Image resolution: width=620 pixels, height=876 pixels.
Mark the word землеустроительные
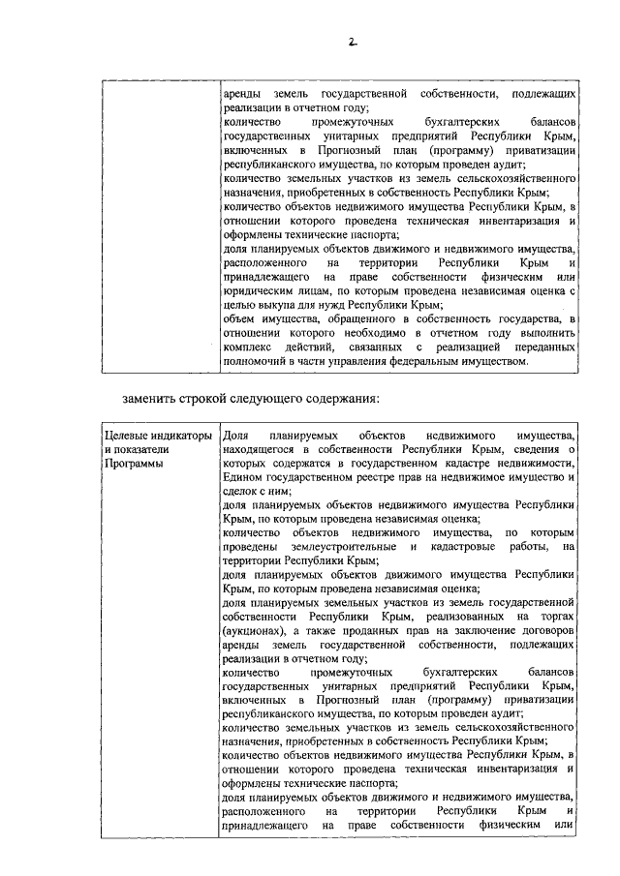click(x=336, y=547)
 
